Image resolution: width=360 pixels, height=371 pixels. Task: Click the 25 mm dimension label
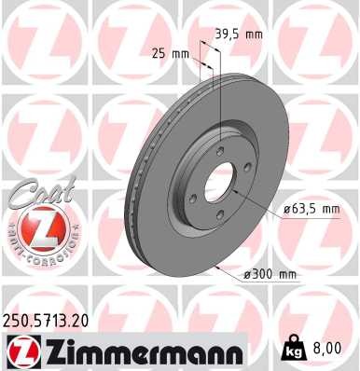(x=170, y=53)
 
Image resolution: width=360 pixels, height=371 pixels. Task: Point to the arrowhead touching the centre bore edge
(x=235, y=191)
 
